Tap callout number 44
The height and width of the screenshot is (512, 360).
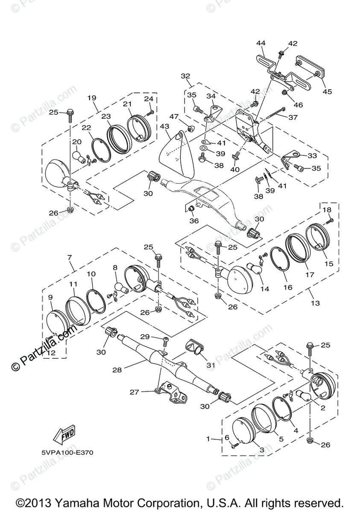(x=260, y=43)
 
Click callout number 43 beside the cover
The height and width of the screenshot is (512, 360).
(x=165, y=127)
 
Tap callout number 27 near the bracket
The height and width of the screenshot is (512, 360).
(x=135, y=392)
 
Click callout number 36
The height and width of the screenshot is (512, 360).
(x=194, y=221)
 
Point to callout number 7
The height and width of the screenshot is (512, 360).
(x=70, y=257)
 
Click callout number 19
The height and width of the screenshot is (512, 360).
(x=92, y=98)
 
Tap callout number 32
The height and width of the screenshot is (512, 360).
(x=185, y=76)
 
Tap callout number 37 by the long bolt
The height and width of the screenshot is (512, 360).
(x=293, y=117)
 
